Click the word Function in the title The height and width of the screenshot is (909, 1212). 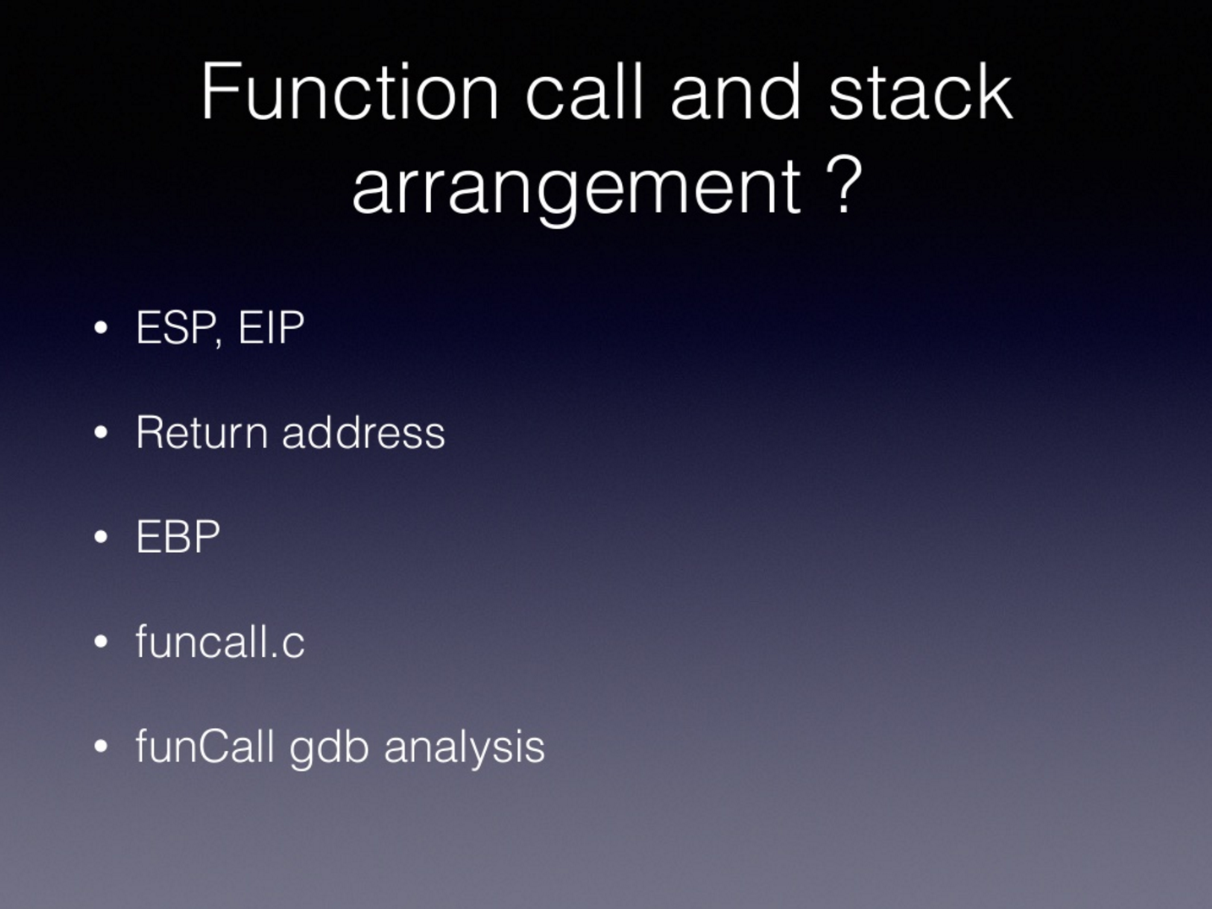click(350, 91)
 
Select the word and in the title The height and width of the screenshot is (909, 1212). click(735, 91)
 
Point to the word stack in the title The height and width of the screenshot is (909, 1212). click(920, 91)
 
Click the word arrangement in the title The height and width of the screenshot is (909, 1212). click(576, 190)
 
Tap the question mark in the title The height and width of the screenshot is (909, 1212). click(843, 183)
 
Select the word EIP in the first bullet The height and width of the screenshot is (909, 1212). click(271, 327)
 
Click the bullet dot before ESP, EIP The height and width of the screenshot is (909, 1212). click(101, 327)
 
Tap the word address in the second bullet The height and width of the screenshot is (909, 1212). click(363, 431)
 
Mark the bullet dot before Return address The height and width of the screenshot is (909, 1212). click(101, 432)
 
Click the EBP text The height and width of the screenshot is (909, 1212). click(177, 536)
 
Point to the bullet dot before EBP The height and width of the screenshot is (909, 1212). click(101, 537)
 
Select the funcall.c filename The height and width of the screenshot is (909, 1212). click(220, 641)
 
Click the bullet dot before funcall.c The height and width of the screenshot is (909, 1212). click(101, 641)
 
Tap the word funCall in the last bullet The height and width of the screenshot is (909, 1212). click(205, 746)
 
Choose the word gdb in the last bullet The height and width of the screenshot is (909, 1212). click(329, 749)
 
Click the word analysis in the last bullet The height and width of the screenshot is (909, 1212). click(464, 749)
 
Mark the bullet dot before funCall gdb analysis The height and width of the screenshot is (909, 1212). click(101, 746)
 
